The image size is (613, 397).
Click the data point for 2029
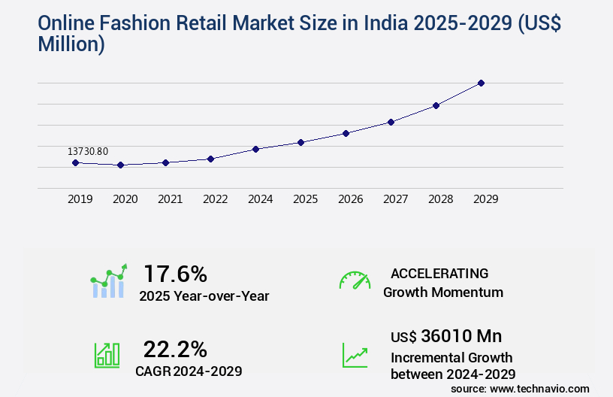pyautogui.click(x=482, y=83)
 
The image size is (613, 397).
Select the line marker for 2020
pyautogui.click(x=120, y=165)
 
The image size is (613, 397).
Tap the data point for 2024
pyautogui.click(x=255, y=149)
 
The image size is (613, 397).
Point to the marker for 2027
pyautogui.click(x=391, y=122)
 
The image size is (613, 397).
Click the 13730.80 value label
pyautogui.click(x=87, y=152)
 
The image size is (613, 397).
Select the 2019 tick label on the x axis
pyautogui.click(x=80, y=199)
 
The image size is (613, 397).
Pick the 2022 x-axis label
pyautogui.click(x=215, y=199)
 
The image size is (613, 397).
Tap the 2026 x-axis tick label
pyautogui.click(x=350, y=199)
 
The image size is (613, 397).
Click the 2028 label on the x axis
pyautogui.click(x=440, y=199)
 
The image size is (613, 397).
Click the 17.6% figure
pyautogui.click(x=175, y=273)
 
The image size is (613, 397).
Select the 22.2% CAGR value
pyautogui.click(x=175, y=349)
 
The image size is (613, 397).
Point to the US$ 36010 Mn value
pyautogui.click(x=446, y=336)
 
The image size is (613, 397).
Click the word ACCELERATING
pyautogui.click(x=439, y=273)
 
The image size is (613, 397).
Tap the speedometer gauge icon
pyautogui.click(x=355, y=280)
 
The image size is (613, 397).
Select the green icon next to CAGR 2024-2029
pyautogui.click(x=107, y=355)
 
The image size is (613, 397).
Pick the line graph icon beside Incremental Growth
pyautogui.click(x=355, y=355)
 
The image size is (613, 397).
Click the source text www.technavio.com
pyautogui.click(x=540, y=388)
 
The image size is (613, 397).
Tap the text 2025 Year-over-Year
pyautogui.click(x=204, y=296)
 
